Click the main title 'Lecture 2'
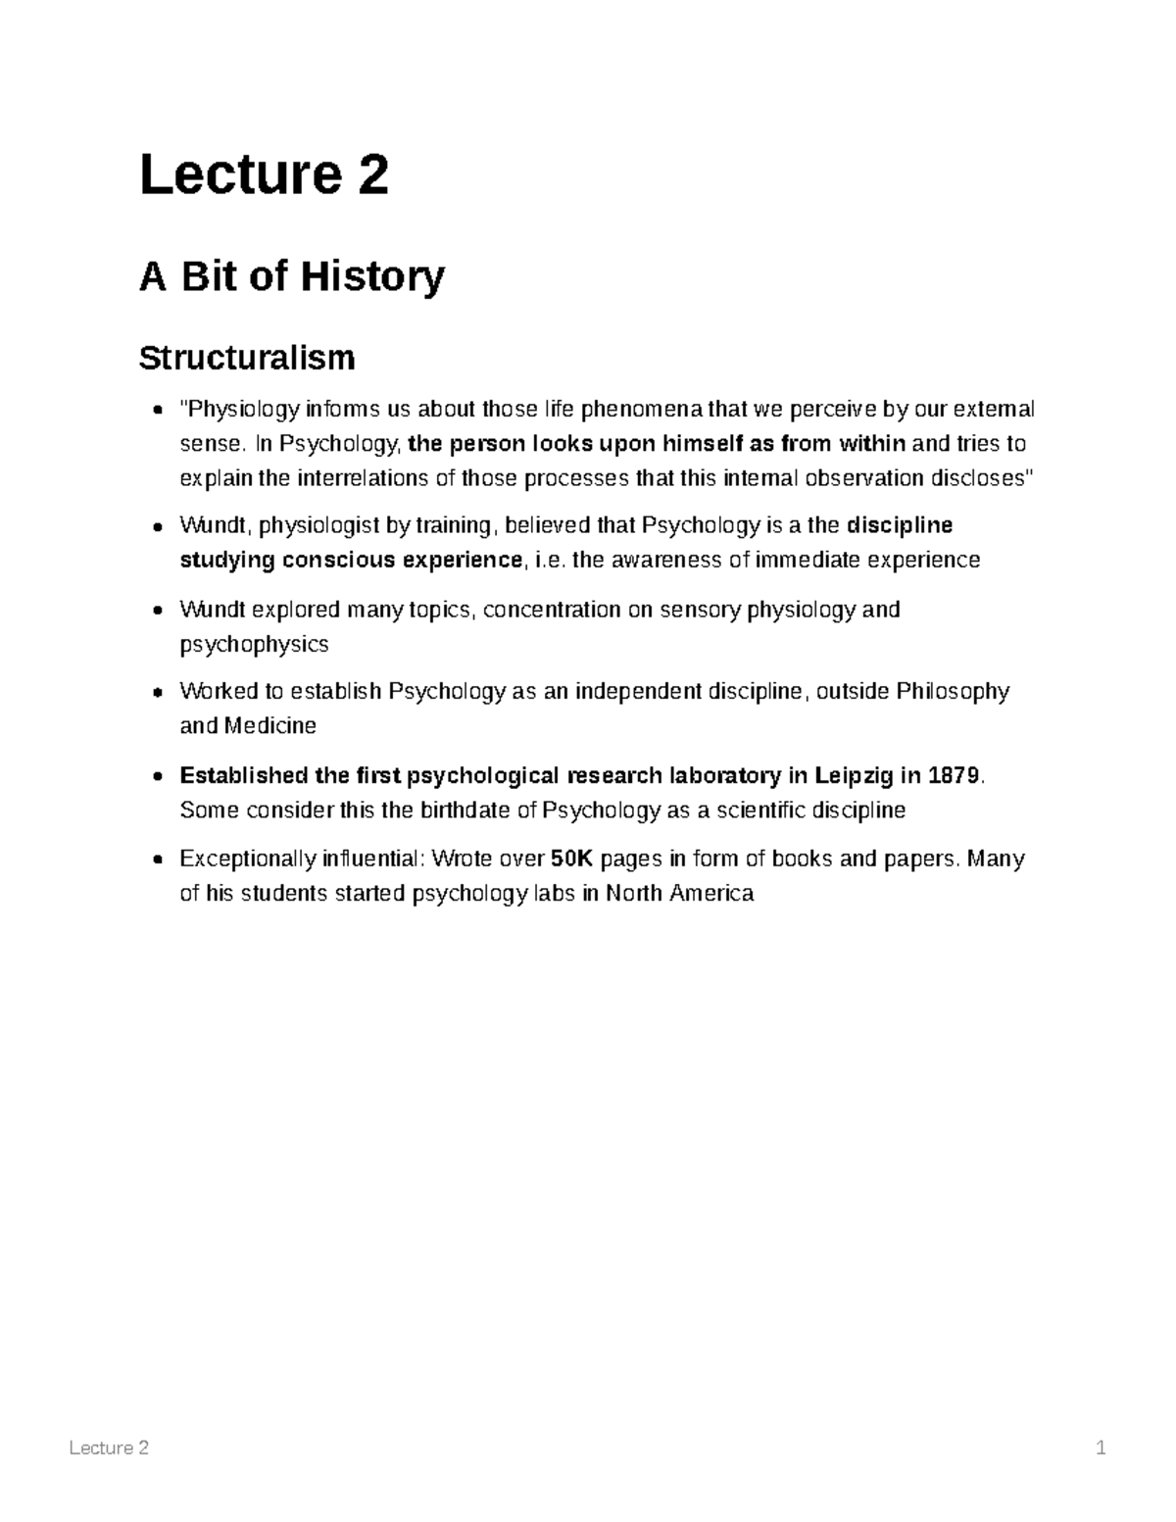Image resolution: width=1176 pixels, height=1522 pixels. pyautogui.click(x=264, y=175)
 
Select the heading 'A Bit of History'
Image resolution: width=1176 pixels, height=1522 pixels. pyautogui.click(x=291, y=276)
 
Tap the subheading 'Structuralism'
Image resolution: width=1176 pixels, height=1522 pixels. pyautogui.click(x=246, y=359)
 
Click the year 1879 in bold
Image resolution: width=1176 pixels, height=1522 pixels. pyautogui.click(x=953, y=776)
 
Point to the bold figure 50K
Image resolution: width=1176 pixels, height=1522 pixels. pyautogui.click(x=572, y=859)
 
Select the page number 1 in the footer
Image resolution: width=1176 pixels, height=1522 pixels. pyautogui.click(x=1101, y=1448)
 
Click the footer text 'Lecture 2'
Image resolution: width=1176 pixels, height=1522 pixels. pyautogui.click(x=109, y=1448)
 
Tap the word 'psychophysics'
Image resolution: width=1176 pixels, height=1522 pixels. pyautogui.click(x=254, y=645)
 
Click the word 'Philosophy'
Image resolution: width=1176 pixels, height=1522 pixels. pyautogui.click(x=953, y=692)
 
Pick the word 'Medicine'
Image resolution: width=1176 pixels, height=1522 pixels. pyautogui.click(x=270, y=726)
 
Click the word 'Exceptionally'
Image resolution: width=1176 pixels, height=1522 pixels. pyautogui.click(x=247, y=859)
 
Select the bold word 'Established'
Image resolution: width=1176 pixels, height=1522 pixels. pyautogui.click(x=243, y=776)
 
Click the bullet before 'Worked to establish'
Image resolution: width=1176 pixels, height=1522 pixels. pyautogui.click(x=157, y=693)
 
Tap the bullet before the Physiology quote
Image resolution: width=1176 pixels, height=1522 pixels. pyautogui.click(x=157, y=410)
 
